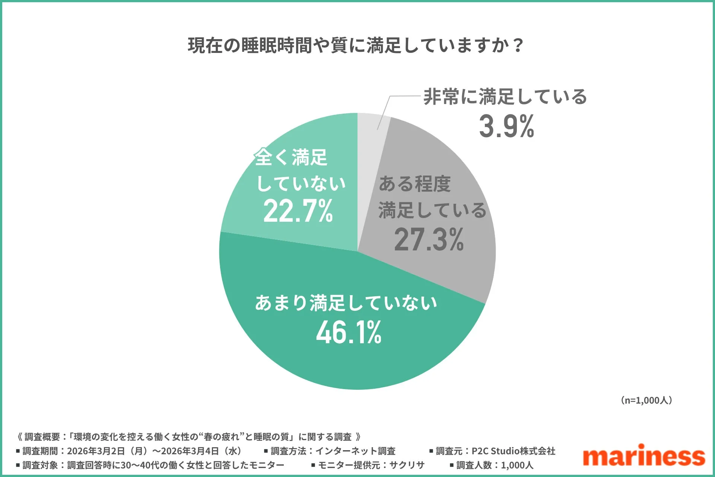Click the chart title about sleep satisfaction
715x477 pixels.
click(x=356, y=45)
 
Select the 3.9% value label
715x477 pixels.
click(x=506, y=127)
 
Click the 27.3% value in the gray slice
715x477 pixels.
click(x=429, y=240)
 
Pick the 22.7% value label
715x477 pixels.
click(x=298, y=211)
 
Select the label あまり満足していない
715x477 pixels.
click(x=346, y=303)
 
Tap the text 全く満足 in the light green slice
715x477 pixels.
click(x=291, y=157)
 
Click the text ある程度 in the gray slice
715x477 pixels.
click(x=414, y=184)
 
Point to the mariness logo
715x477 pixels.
click(x=643, y=455)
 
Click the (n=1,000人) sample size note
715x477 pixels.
click(x=646, y=400)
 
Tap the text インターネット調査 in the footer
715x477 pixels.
click(x=355, y=451)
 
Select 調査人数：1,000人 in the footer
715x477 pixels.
click(x=495, y=465)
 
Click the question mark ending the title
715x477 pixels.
click(x=518, y=45)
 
